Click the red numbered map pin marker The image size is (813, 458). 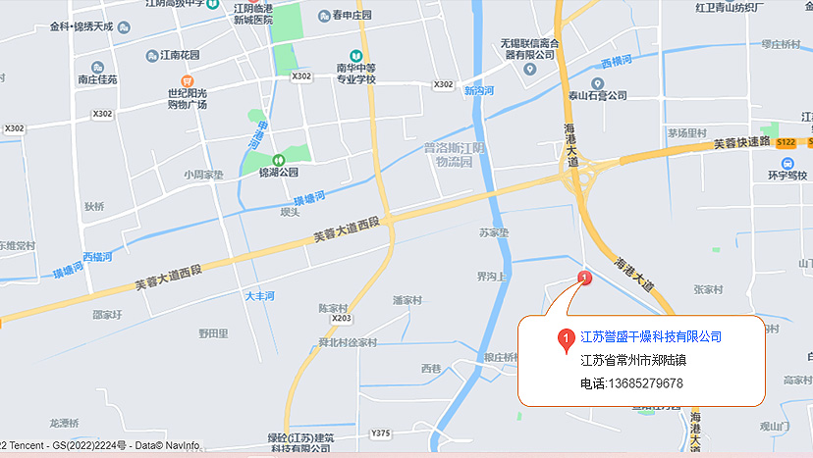click(x=586, y=279)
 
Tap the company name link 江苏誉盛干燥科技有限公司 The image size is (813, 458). click(x=651, y=337)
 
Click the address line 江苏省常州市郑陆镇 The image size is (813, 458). click(x=627, y=360)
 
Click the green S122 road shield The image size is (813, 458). click(x=786, y=141)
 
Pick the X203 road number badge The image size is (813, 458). click(x=342, y=319)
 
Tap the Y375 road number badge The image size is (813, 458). click(x=381, y=433)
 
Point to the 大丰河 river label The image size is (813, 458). click(x=259, y=295)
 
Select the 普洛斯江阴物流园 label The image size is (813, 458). click(x=455, y=154)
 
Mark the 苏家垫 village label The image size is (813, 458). click(x=494, y=233)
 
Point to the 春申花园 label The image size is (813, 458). click(x=352, y=16)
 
